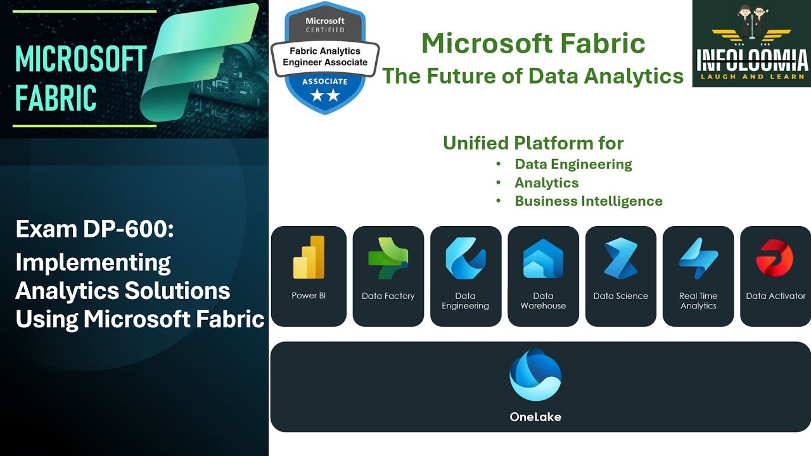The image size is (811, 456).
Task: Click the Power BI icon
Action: point(309,258)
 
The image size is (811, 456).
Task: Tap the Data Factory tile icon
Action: point(388,258)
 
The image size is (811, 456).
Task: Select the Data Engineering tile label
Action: point(465,301)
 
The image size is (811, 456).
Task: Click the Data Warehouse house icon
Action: point(543,258)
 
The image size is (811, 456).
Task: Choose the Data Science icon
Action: point(620,258)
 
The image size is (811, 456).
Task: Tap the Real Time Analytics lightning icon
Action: point(698,258)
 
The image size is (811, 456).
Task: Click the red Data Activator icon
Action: point(775,258)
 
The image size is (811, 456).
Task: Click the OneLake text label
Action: point(535,417)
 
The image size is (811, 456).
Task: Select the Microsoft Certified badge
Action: point(325,57)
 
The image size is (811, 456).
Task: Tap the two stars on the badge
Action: point(325,96)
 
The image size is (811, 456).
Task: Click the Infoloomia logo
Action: point(751,43)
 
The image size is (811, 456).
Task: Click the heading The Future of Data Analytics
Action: point(533,76)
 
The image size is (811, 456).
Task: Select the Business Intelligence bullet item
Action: point(588,201)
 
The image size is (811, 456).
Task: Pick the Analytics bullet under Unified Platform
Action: point(546,183)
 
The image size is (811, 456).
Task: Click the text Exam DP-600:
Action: point(94,229)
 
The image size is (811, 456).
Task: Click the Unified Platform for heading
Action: point(533,143)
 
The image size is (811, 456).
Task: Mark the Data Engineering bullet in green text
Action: point(573,165)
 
